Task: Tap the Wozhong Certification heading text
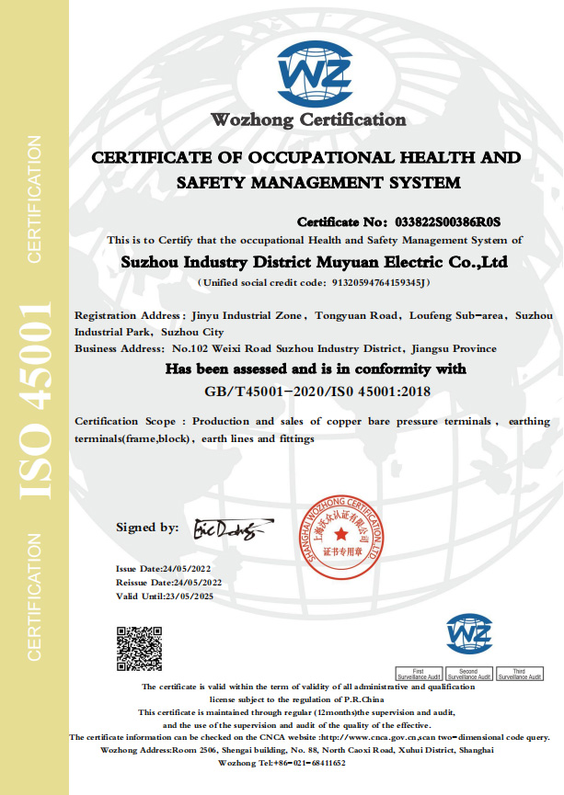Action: pos(308,119)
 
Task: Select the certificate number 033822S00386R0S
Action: pos(446,222)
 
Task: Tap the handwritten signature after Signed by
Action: pos(222,529)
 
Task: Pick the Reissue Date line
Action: pos(169,583)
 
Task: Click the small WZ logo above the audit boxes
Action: pos(469,635)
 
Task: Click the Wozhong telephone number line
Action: pos(282,763)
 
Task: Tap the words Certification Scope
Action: pos(124,421)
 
